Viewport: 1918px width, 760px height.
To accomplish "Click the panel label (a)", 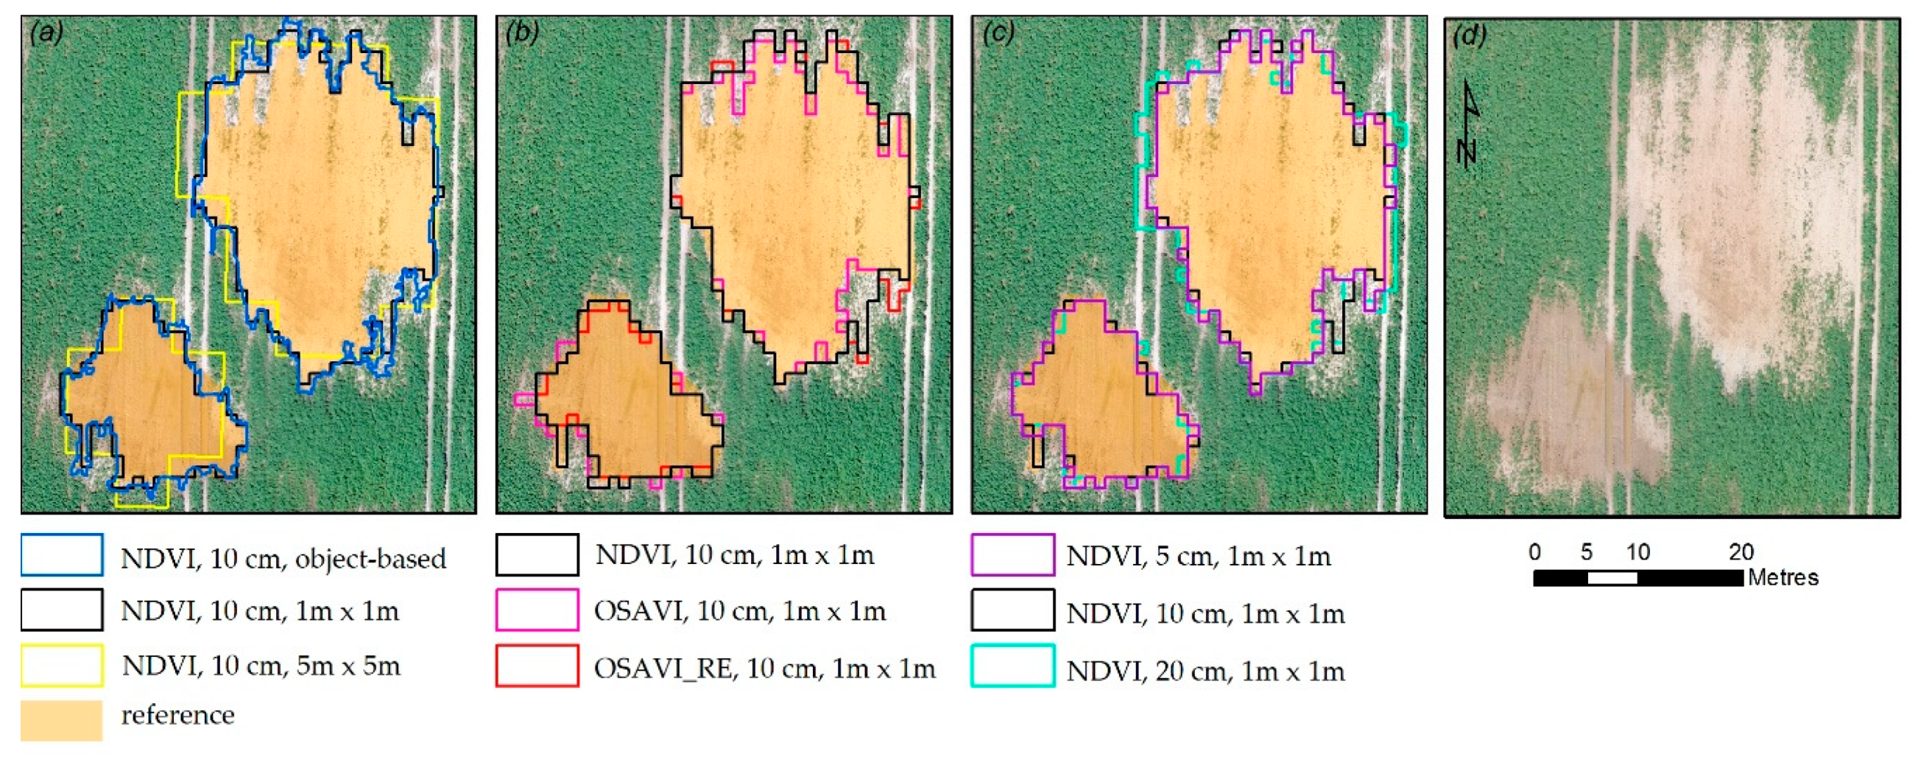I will click(x=47, y=33).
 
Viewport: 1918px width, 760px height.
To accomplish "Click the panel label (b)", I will click(x=521, y=33).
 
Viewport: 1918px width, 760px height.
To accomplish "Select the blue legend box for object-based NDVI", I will click(x=62, y=554).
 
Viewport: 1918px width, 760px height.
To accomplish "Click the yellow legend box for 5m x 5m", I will click(x=62, y=665).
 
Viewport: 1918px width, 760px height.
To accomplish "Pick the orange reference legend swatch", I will click(x=62, y=719).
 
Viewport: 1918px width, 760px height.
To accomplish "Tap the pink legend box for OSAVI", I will click(x=537, y=610).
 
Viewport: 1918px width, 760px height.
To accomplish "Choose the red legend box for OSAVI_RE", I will click(x=537, y=665).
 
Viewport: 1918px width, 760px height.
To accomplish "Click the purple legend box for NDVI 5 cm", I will click(x=1012, y=554).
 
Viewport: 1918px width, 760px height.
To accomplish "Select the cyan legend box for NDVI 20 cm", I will click(x=1012, y=665).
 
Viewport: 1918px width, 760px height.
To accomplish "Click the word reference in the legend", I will click(x=177, y=715).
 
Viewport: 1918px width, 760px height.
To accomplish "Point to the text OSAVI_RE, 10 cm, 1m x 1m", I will click(x=764, y=669).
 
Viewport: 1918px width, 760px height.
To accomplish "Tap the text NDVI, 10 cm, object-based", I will click(x=283, y=559).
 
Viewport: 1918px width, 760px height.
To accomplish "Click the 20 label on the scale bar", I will click(x=1741, y=552).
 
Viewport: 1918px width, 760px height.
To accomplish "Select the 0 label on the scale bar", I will click(x=1534, y=552).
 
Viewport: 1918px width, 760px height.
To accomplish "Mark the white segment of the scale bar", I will click(x=1612, y=577).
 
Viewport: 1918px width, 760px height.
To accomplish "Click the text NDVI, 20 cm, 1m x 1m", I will click(x=1205, y=672).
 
